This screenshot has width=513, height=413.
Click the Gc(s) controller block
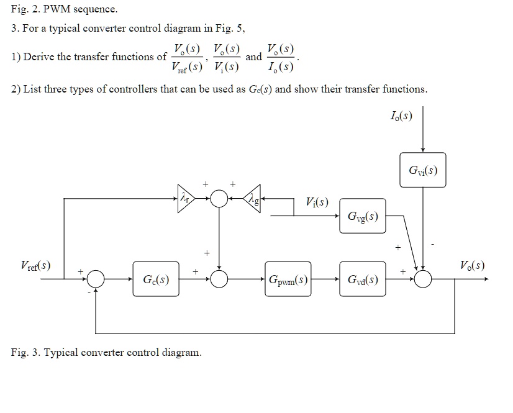pos(155,279)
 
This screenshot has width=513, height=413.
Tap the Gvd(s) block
pos(363,279)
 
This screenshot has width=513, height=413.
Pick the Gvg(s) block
pos(363,216)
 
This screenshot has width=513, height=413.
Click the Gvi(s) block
pos(422,170)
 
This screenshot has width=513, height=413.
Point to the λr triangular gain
pos(185,199)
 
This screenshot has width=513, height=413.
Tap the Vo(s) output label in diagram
pos(473,266)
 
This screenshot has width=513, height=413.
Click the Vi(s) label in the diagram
pos(317,202)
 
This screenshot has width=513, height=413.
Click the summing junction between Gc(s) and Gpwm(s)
pos(219,279)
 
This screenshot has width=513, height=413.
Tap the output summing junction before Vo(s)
pos(423,279)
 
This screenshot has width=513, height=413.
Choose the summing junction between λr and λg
pos(219,199)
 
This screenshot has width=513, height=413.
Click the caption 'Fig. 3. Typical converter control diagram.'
pos(106,353)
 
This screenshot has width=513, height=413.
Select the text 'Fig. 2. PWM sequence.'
pos(64,9)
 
